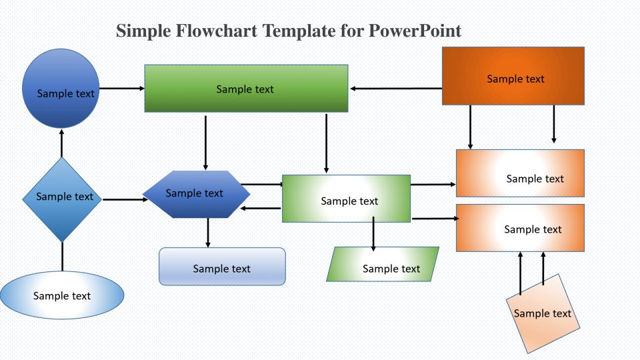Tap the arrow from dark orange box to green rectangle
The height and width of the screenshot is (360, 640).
(396, 88)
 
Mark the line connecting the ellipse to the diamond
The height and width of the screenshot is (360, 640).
(62, 256)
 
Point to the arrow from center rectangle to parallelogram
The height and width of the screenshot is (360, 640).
(373, 234)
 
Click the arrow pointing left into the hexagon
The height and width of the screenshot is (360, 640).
(261, 209)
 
